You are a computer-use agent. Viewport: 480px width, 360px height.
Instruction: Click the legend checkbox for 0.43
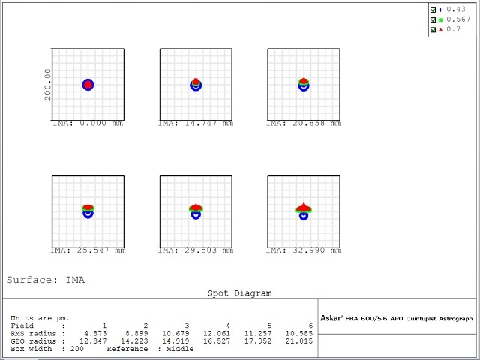(433, 10)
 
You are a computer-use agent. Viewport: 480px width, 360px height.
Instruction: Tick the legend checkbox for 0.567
(433, 19)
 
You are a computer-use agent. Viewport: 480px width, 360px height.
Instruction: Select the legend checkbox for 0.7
(433, 29)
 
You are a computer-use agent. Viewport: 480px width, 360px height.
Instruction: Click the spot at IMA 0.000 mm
(88, 85)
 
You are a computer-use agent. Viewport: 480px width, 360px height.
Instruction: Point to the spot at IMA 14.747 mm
(196, 84)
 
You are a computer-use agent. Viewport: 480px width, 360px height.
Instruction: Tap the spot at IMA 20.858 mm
(304, 84)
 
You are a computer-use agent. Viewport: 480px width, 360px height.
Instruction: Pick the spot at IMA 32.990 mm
(304, 211)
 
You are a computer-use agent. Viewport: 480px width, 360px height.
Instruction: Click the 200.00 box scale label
(48, 84)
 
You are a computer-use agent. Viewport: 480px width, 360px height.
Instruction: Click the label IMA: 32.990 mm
(304, 250)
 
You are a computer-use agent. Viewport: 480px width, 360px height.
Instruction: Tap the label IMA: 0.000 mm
(88, 124)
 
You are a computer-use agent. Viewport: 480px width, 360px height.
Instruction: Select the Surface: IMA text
(46, 280)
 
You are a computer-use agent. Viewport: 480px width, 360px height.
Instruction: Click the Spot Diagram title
(239, 293)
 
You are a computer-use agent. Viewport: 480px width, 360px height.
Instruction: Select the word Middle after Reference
(181, 349)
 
